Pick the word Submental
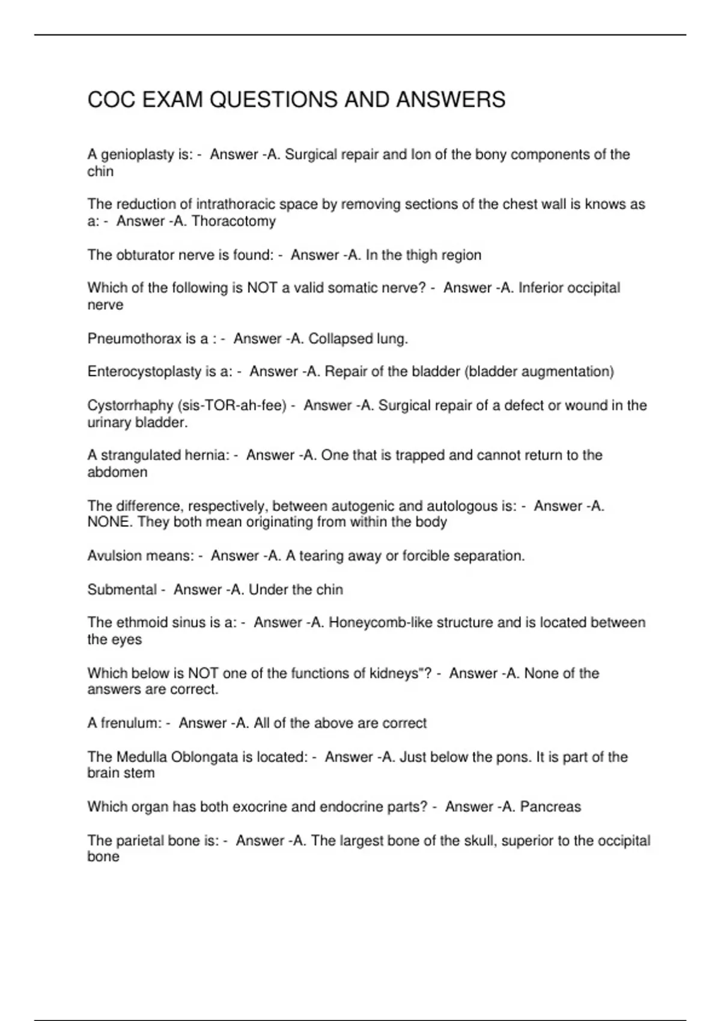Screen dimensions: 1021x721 coord(122,590)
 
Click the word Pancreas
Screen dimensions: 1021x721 coord(550,807)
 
